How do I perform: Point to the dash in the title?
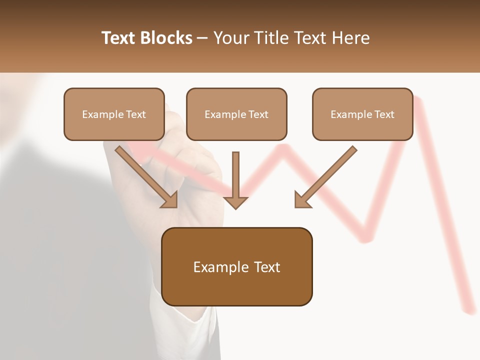tap(203, 38)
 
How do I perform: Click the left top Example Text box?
tap(114, 114)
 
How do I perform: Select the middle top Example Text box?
tap(236, 114)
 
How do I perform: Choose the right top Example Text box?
tap(362, 114)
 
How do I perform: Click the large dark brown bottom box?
tap(237, 266)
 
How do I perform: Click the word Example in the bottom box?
tap(214, 267)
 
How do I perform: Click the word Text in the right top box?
tap(384, 114)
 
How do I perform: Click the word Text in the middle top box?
tap(258, 114)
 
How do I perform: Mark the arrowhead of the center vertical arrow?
tap(235, 202)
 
